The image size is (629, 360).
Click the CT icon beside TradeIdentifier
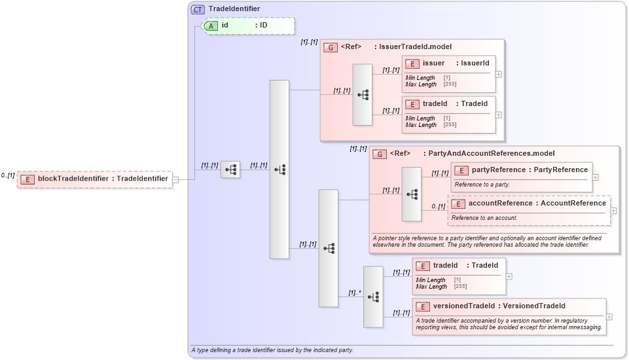[x=198, y=9]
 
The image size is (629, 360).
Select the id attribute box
[x=249, y=26]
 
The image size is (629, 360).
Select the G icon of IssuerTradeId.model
[x=331, y=47]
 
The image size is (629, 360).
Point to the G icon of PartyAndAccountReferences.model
[x=379, y=154]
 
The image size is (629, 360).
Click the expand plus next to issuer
[x=499, y=74]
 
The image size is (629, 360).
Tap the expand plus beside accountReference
[x=613, y=211]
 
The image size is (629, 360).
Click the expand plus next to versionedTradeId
[x=609, y=317]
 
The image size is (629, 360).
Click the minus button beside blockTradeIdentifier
[x=175, y=179]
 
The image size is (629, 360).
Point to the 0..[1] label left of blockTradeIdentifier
[x=8, y=175]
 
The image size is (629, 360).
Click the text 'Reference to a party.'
[x=482, y=185]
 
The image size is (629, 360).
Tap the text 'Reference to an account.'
[x=484, y=218]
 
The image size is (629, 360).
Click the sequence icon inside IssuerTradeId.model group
[x=363, y=95]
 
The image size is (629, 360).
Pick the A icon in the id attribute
[x=211, y=26]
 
